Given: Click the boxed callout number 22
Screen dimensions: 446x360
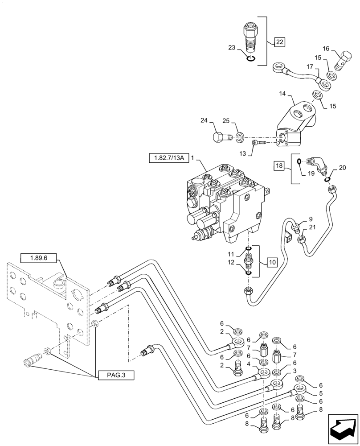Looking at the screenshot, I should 279,42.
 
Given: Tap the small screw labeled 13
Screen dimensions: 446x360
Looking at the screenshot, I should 258,142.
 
